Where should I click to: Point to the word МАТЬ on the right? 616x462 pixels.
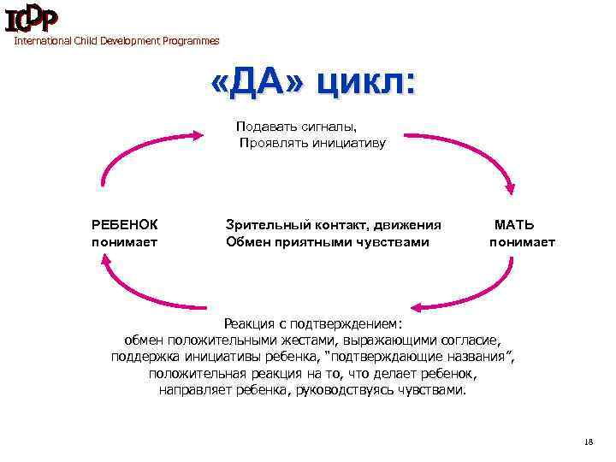515,225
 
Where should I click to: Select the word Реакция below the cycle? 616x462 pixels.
250,324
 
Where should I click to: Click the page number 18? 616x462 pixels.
587,441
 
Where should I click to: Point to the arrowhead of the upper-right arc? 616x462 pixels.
511,190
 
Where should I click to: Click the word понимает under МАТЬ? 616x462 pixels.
522,242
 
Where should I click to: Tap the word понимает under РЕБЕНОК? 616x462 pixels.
125,242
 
